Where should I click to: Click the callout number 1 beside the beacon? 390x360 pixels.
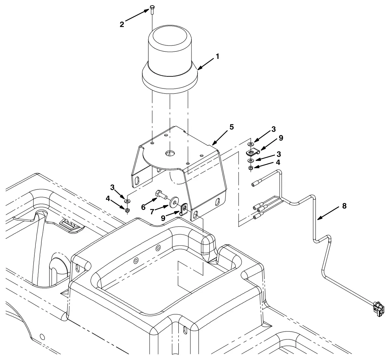click(x=217, y=56)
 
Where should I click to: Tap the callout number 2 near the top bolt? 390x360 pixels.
click(x=122, y=25)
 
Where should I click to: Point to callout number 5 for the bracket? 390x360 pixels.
click(x=232, y=127)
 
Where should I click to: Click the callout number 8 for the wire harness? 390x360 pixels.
click(x=344, y=206)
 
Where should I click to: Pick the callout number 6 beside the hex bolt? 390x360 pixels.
click(x=143, y=207)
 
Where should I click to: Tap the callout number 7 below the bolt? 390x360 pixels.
click(x=152, y=212)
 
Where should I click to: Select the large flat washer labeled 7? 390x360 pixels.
click(x=174, y=202)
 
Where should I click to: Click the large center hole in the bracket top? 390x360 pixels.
click(x=169, y=153)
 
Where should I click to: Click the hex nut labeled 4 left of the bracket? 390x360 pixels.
click(x=127, y=210)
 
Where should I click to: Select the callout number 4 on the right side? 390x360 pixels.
click(x=278, y=162)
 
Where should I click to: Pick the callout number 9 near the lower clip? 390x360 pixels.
click(x=163, y=218)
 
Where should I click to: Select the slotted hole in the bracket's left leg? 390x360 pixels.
click(x=138, y=181)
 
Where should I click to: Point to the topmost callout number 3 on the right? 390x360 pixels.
click(x=274, y=129)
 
